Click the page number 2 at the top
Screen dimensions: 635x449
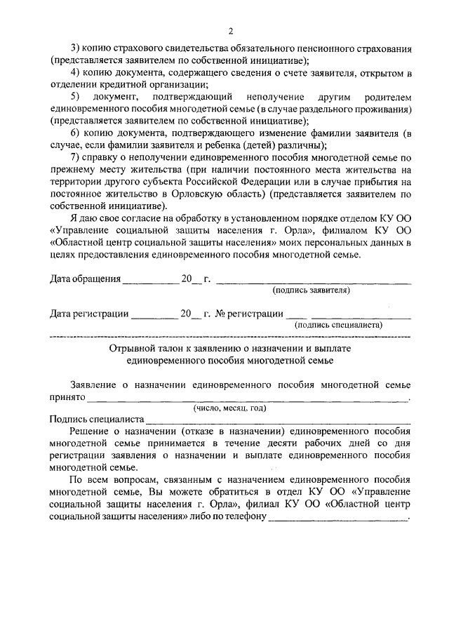pos(230,30)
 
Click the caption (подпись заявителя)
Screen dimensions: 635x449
pos(311,290)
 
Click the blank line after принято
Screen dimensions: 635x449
pos(246,399)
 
